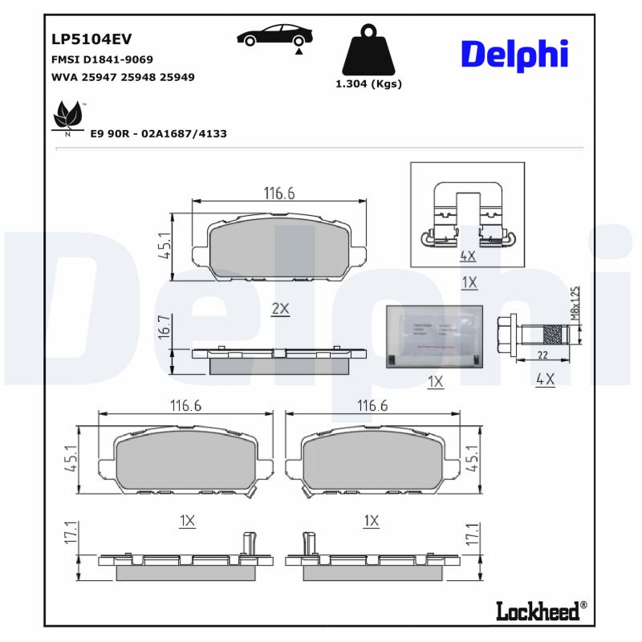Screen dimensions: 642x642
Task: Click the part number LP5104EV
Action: pyautogui.click(x=91, y=39)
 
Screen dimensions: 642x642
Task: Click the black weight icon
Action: pyautogui.click(x=368, y=50)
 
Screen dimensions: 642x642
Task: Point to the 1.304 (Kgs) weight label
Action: pyautogui.click(x=368, y=83)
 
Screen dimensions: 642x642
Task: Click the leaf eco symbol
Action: pyautogui.click(x=68, y=118)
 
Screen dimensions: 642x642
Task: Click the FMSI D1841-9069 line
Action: pyautogui.click(x=102, y=59)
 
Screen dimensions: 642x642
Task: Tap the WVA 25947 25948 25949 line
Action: pyautogui.click(x=123, y=77)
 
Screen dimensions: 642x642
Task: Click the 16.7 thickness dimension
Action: pyautogui.click(x=164, y=327)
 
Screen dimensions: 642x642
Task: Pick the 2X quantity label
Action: pyautogui.click(x=279, y=309)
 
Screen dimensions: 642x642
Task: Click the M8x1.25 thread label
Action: pyautogui.click(x=575, y=303)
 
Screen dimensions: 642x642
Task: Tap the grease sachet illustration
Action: pyautogui.click(x=435, y=338)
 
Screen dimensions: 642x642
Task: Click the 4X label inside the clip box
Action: pyautogui.click(x=468, y=256)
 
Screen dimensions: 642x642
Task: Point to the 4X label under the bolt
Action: pyautogui.click(x=545, y=379)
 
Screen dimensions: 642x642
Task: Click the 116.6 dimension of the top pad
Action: pyautogui.click(x=280, y=193)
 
